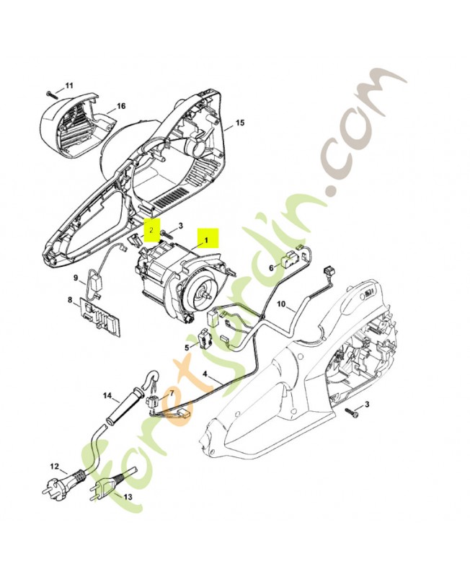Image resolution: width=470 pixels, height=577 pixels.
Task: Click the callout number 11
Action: click(69, 86)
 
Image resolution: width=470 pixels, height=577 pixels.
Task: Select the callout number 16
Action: click(121, 106)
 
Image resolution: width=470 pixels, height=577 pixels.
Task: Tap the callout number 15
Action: click(240, 123)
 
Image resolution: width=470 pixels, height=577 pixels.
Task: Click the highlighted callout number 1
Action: click(205, 238)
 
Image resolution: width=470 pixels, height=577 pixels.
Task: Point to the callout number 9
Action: click(74, 277)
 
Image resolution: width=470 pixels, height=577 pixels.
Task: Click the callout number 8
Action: click(70, 300)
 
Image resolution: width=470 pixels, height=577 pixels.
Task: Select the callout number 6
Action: click(272, 267)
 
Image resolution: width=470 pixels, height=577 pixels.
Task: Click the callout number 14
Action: click(107, 395)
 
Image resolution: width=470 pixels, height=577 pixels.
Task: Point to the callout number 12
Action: click(53, 467)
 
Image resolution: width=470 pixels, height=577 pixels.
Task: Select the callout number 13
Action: click(128, 498)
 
